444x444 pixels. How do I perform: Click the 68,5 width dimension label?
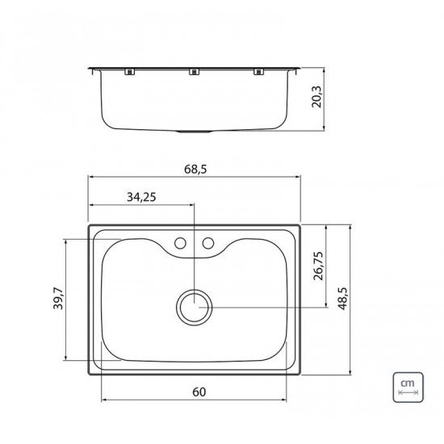click(195, 170)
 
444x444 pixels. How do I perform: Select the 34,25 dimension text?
click(141, 197)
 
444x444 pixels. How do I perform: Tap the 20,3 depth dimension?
click(317, 97)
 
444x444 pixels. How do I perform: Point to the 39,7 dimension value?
click(58, 298)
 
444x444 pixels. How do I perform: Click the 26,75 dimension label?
click(318, 266)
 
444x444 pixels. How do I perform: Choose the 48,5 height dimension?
click(342, 299)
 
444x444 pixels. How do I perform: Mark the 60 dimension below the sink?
click(199, 392)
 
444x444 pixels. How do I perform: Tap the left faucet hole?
click(180, 243)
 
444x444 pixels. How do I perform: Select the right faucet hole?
click(207, 243)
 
